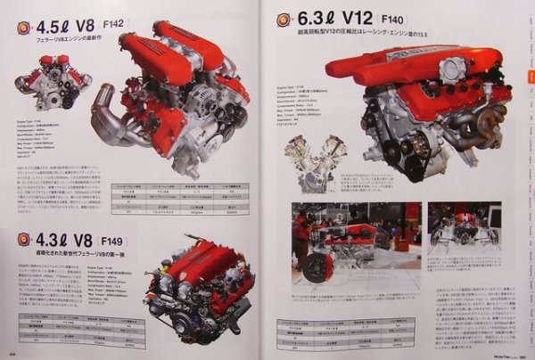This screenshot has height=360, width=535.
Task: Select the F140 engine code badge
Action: coord(393,19)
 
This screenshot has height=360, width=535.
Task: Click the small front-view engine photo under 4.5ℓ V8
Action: coord(52,82)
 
